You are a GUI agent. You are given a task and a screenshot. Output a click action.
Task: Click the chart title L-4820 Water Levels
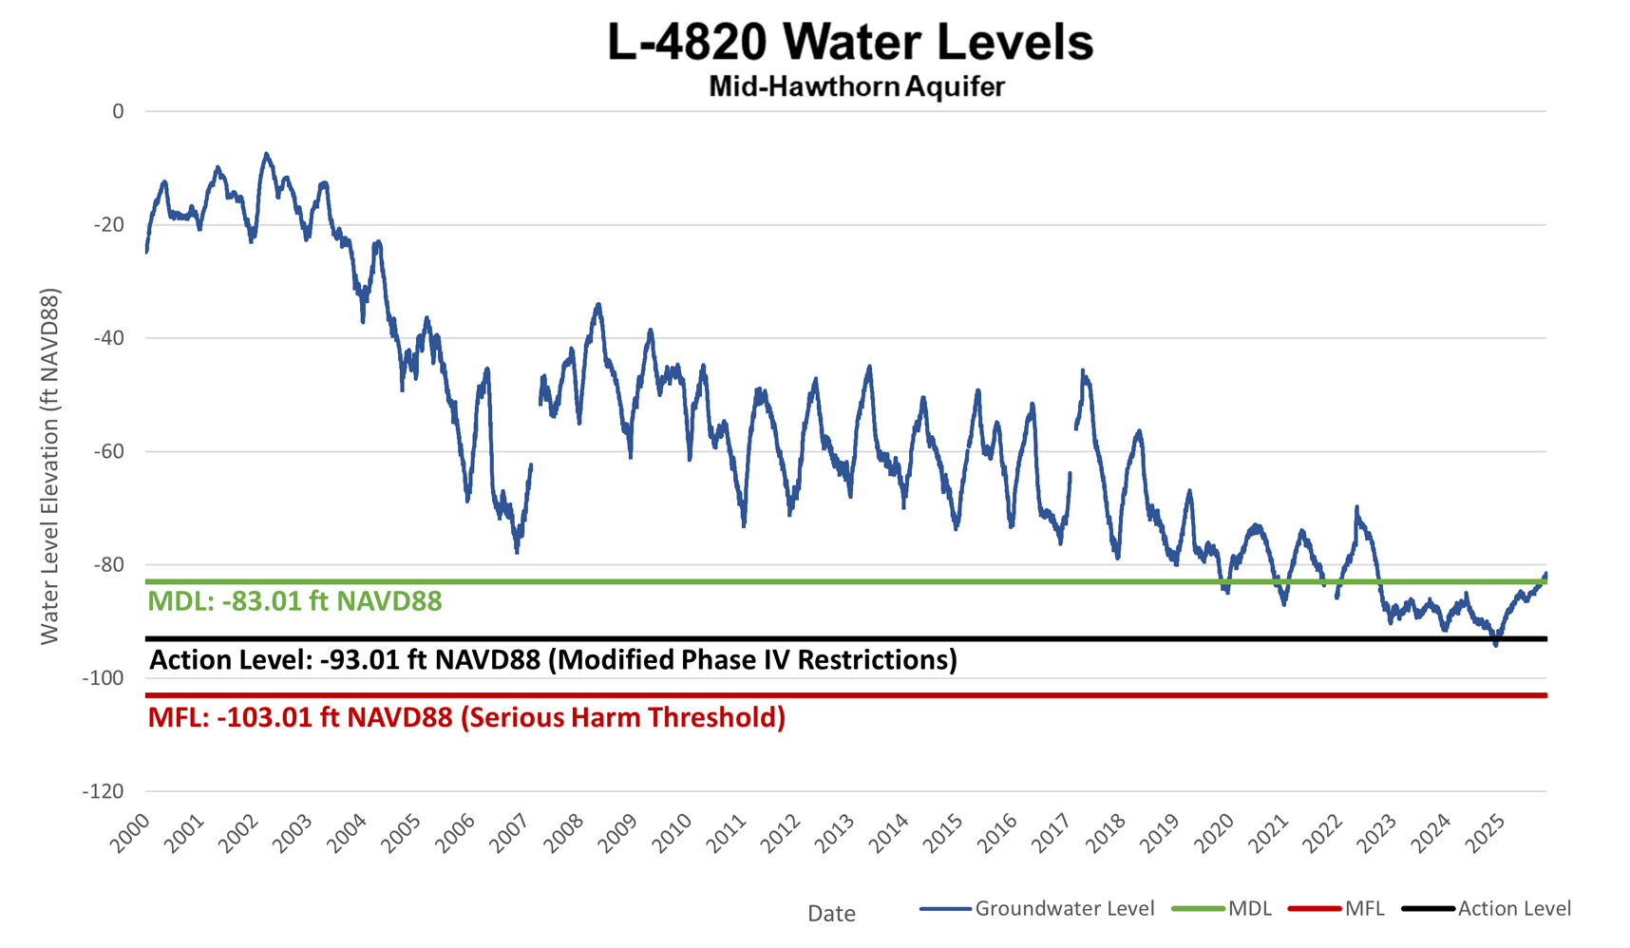(850, 43)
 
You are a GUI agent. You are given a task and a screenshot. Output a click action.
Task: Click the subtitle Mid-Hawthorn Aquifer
(856, 86)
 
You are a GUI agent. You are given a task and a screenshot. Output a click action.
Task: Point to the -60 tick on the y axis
(109, 451)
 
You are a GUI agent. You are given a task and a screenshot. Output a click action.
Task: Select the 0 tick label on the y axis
(118, 111)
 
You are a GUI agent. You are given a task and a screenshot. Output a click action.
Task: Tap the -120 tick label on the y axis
(104, 791)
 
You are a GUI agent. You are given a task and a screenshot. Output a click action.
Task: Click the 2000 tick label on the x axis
(130, 834)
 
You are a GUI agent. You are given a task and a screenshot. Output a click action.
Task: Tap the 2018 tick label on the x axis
(1106, 834)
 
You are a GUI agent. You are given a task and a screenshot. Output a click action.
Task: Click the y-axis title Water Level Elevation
(49, 465)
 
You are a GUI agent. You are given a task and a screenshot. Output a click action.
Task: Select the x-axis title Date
(831, 914)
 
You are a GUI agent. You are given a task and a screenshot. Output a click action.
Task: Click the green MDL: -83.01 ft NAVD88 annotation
(294, 601)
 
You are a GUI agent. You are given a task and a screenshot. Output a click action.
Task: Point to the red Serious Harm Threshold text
(623, 717)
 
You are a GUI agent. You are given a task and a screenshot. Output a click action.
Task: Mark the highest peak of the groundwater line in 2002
(266, 154)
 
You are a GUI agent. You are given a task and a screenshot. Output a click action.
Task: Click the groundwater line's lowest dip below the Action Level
(1496, 645)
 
